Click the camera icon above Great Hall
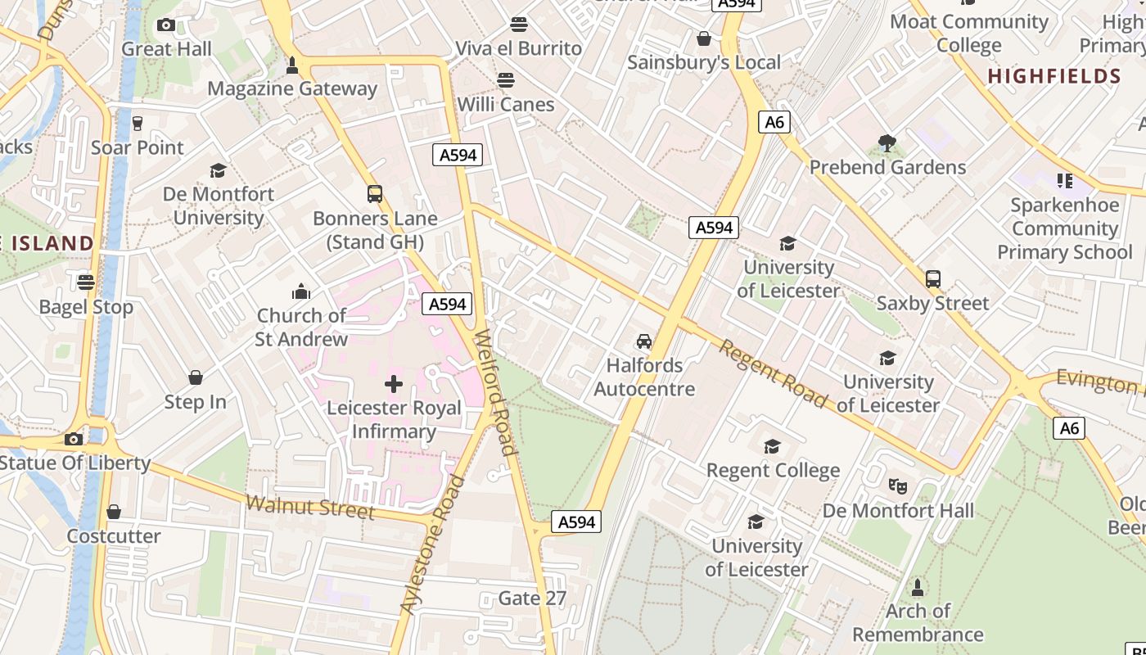(x=166, y=25)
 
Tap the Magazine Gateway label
(x=292, y=88)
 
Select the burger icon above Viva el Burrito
(x=518, y=24)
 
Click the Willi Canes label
(x=506, y=105)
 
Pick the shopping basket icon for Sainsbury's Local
(x=703, y=38)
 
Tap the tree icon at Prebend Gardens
(x=887, y=143)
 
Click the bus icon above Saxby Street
(x=933, y=279)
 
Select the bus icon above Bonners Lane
(x=375, y=194)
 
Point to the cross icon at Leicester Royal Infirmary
(x=394, y=383)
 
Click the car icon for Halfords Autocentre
(x=644, y=341)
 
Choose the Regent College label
(x=773, y=470)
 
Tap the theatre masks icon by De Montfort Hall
(x=898, y=486)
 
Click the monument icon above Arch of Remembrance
(x=918, y=587)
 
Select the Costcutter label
(x=114, y=536)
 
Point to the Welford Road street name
(x=497, y=392)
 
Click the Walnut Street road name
(x=310, y=507)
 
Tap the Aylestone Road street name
(x=432, y=544)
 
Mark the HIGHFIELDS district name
(x=1054, y=77)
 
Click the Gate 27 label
(x=532, y=599)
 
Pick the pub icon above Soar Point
(x=137, y=124)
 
